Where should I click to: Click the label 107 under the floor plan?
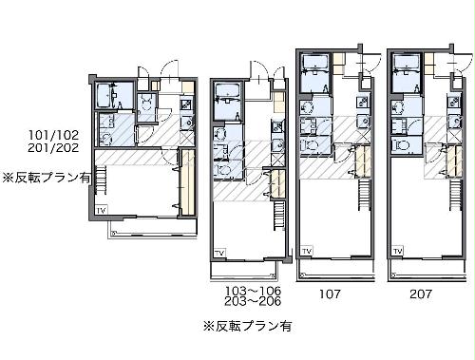coord(327,294)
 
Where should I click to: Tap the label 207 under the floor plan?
coord(420,294)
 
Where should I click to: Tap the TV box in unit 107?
coord(307,250)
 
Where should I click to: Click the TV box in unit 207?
coord(399,250)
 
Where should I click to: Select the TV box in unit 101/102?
coord(101,208)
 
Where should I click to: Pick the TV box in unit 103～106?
coord(219,252)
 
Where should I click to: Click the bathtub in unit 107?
coord(314,66)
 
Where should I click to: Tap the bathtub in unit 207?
coord(407,66)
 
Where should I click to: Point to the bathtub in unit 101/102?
coord(106,95)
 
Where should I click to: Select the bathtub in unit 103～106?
coord(228,92)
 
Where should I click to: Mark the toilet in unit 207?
coord(402,146)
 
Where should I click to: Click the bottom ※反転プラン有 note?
coord(247,326)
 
